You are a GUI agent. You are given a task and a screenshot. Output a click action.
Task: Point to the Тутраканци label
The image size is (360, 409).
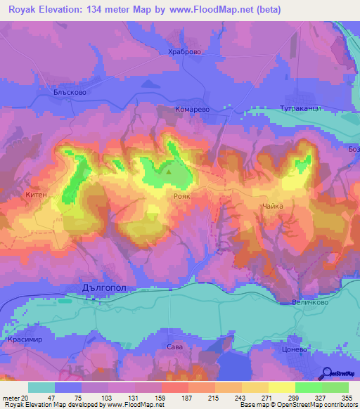[x=300, y=110]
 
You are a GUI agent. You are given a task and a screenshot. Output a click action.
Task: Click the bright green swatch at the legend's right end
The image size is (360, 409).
[x=335, y=387]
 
